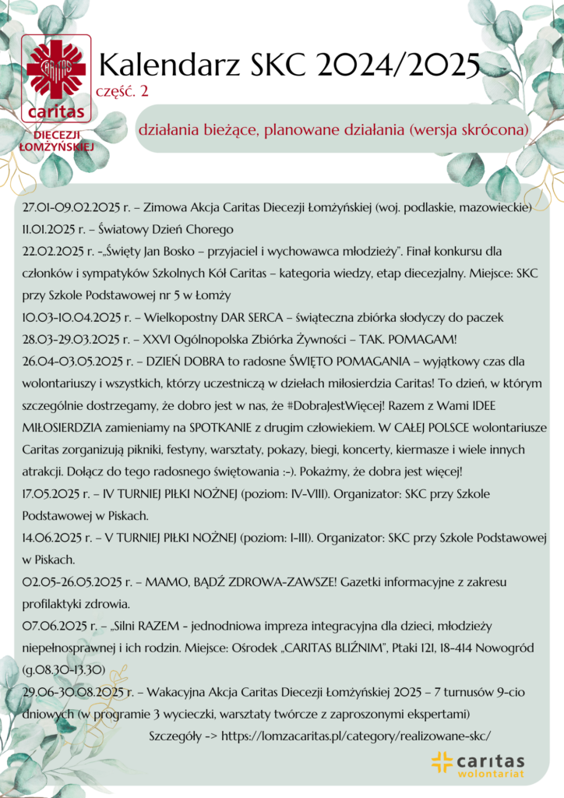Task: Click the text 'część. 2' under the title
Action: [x=122, y=91]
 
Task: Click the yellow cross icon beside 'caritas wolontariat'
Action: [x=442, y=761]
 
